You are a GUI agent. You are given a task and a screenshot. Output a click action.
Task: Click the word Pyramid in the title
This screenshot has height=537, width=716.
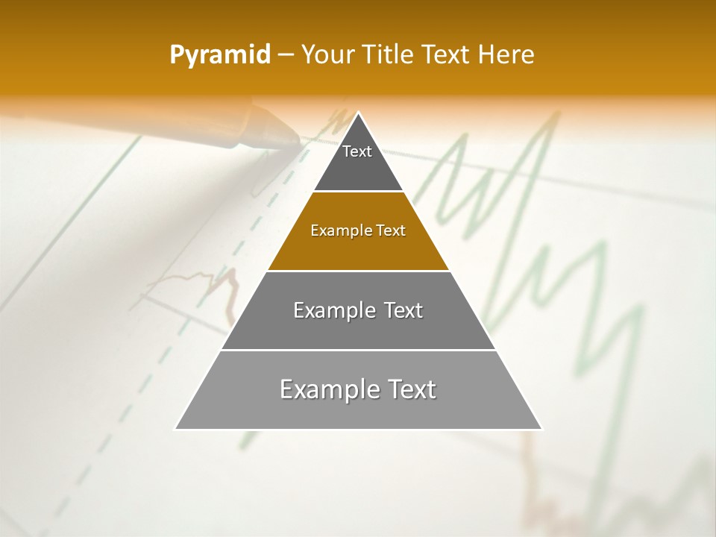pyautogui.click(x=219, y=55)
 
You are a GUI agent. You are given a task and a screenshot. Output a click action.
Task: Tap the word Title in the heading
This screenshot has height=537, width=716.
pyautogui.click(x=389, y=54)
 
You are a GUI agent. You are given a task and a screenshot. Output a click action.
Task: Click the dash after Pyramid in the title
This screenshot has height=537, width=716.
pyautogui.click(x=286, y=55)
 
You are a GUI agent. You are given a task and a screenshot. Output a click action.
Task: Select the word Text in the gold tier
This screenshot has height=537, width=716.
pyautogui.click(x=391, y=230)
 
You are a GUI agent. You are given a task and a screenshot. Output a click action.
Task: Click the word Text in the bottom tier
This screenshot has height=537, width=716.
pyautogui.click(x=411, y=389)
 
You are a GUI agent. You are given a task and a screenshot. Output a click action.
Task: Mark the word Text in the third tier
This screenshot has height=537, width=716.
pyautogui.click(x=402, y=310)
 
